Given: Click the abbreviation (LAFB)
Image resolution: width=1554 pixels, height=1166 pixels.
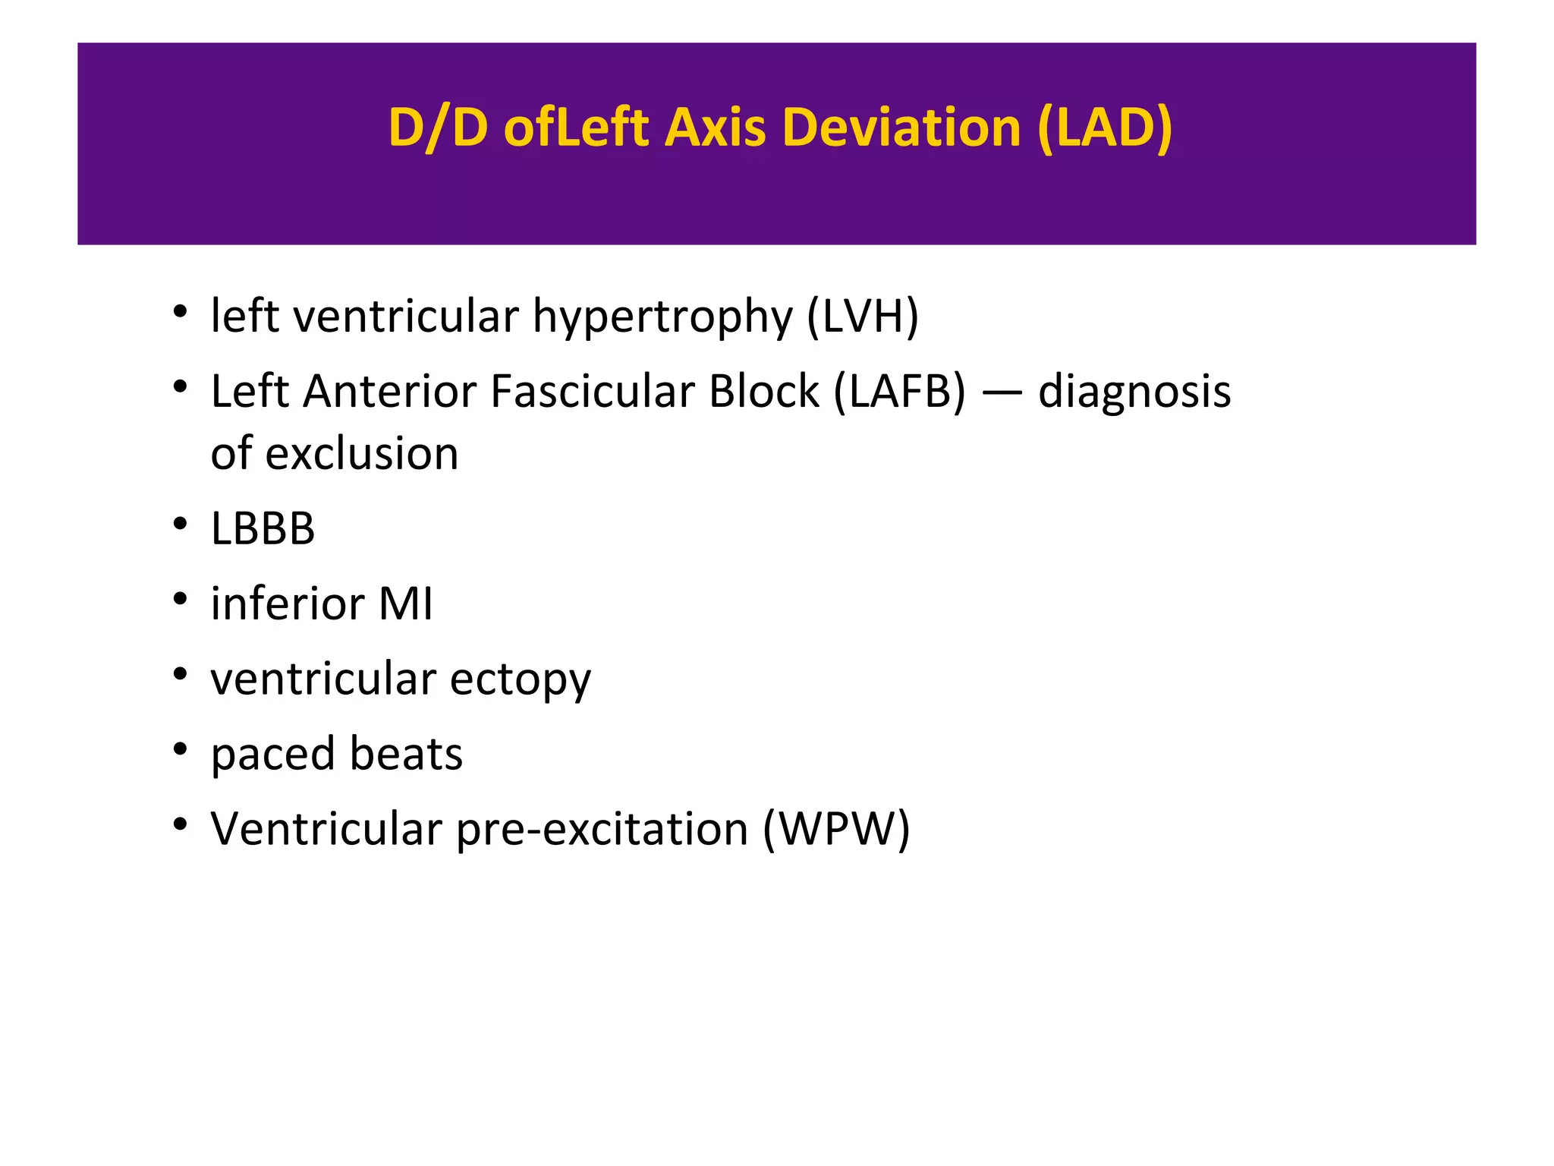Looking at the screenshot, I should (900, 392).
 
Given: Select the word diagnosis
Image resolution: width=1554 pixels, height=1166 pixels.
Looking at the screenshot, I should (1134, 393).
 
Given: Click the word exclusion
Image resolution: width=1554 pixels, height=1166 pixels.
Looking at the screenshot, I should (362, 453).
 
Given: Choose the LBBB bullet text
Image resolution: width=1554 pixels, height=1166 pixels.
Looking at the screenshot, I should (263, 528).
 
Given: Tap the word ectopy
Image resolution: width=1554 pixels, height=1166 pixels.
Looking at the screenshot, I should (520, 680).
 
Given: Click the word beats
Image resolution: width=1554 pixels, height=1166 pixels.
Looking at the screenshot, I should (406, 754).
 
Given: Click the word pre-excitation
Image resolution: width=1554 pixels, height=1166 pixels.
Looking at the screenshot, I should (602, 830).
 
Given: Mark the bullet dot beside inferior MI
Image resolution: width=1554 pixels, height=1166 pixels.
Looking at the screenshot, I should (180, 600).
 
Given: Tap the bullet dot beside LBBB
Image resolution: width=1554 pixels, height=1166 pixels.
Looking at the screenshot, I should (180, 524).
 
